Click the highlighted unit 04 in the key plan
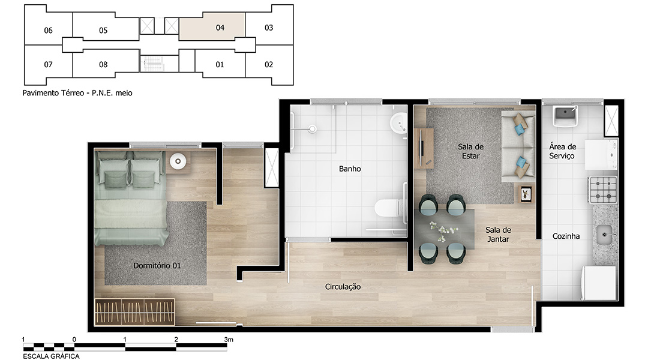[x=212, y=27]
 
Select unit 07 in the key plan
[x=48, y=65]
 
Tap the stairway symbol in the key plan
[x=154, y=64]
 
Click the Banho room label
[x=350, y=169]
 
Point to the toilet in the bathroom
[x=388, y=208]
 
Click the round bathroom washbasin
[x=398, y=123]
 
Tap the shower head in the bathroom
[x=313, y=128]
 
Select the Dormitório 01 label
[x=157, y=265]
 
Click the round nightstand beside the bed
[x=178, y=161]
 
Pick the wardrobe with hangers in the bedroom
[x=134, y=312]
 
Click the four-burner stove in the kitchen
[x=603, y=190]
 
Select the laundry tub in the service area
[x=565, y=116]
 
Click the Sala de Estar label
[x=470, y=151]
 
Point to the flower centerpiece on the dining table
[x=443, y=231]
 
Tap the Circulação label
[x=343, y=287]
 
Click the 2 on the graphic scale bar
[x=176, y=339]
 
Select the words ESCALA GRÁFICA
[x=51, y=356]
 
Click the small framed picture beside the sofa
[x=526, y=194]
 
